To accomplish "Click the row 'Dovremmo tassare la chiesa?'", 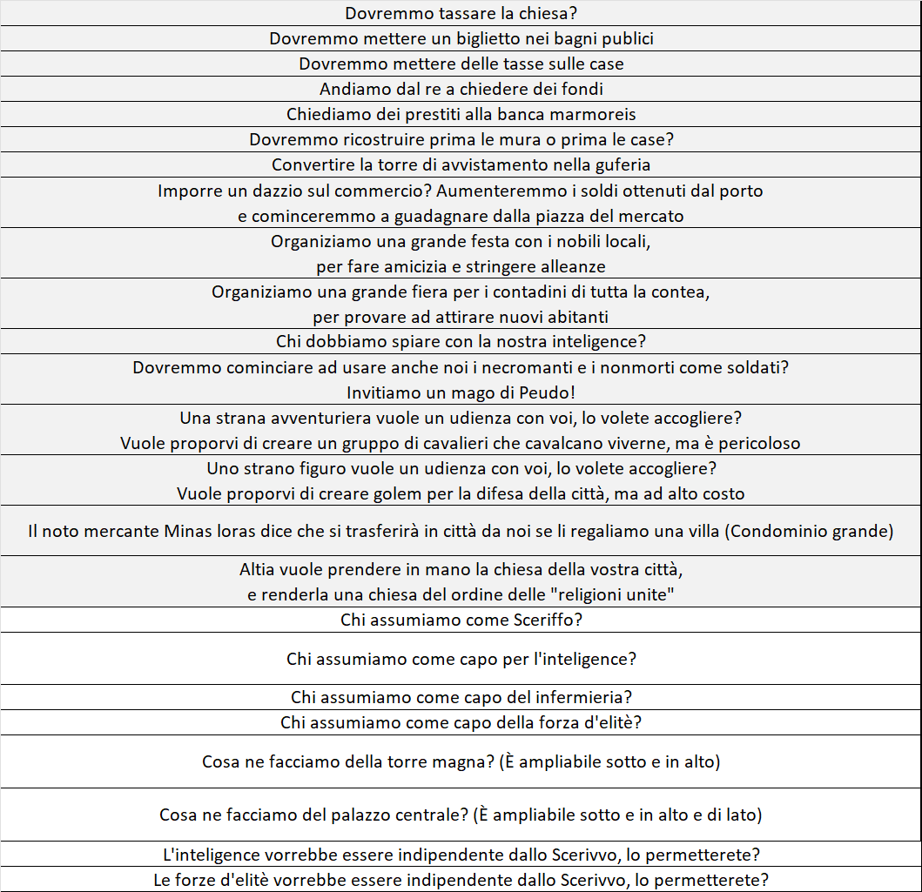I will (461, 14).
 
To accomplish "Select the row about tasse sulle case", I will (461, 64).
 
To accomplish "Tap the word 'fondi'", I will (582, 90).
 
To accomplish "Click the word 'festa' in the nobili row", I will (443, 241).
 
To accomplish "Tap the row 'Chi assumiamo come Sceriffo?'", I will (461, 620).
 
